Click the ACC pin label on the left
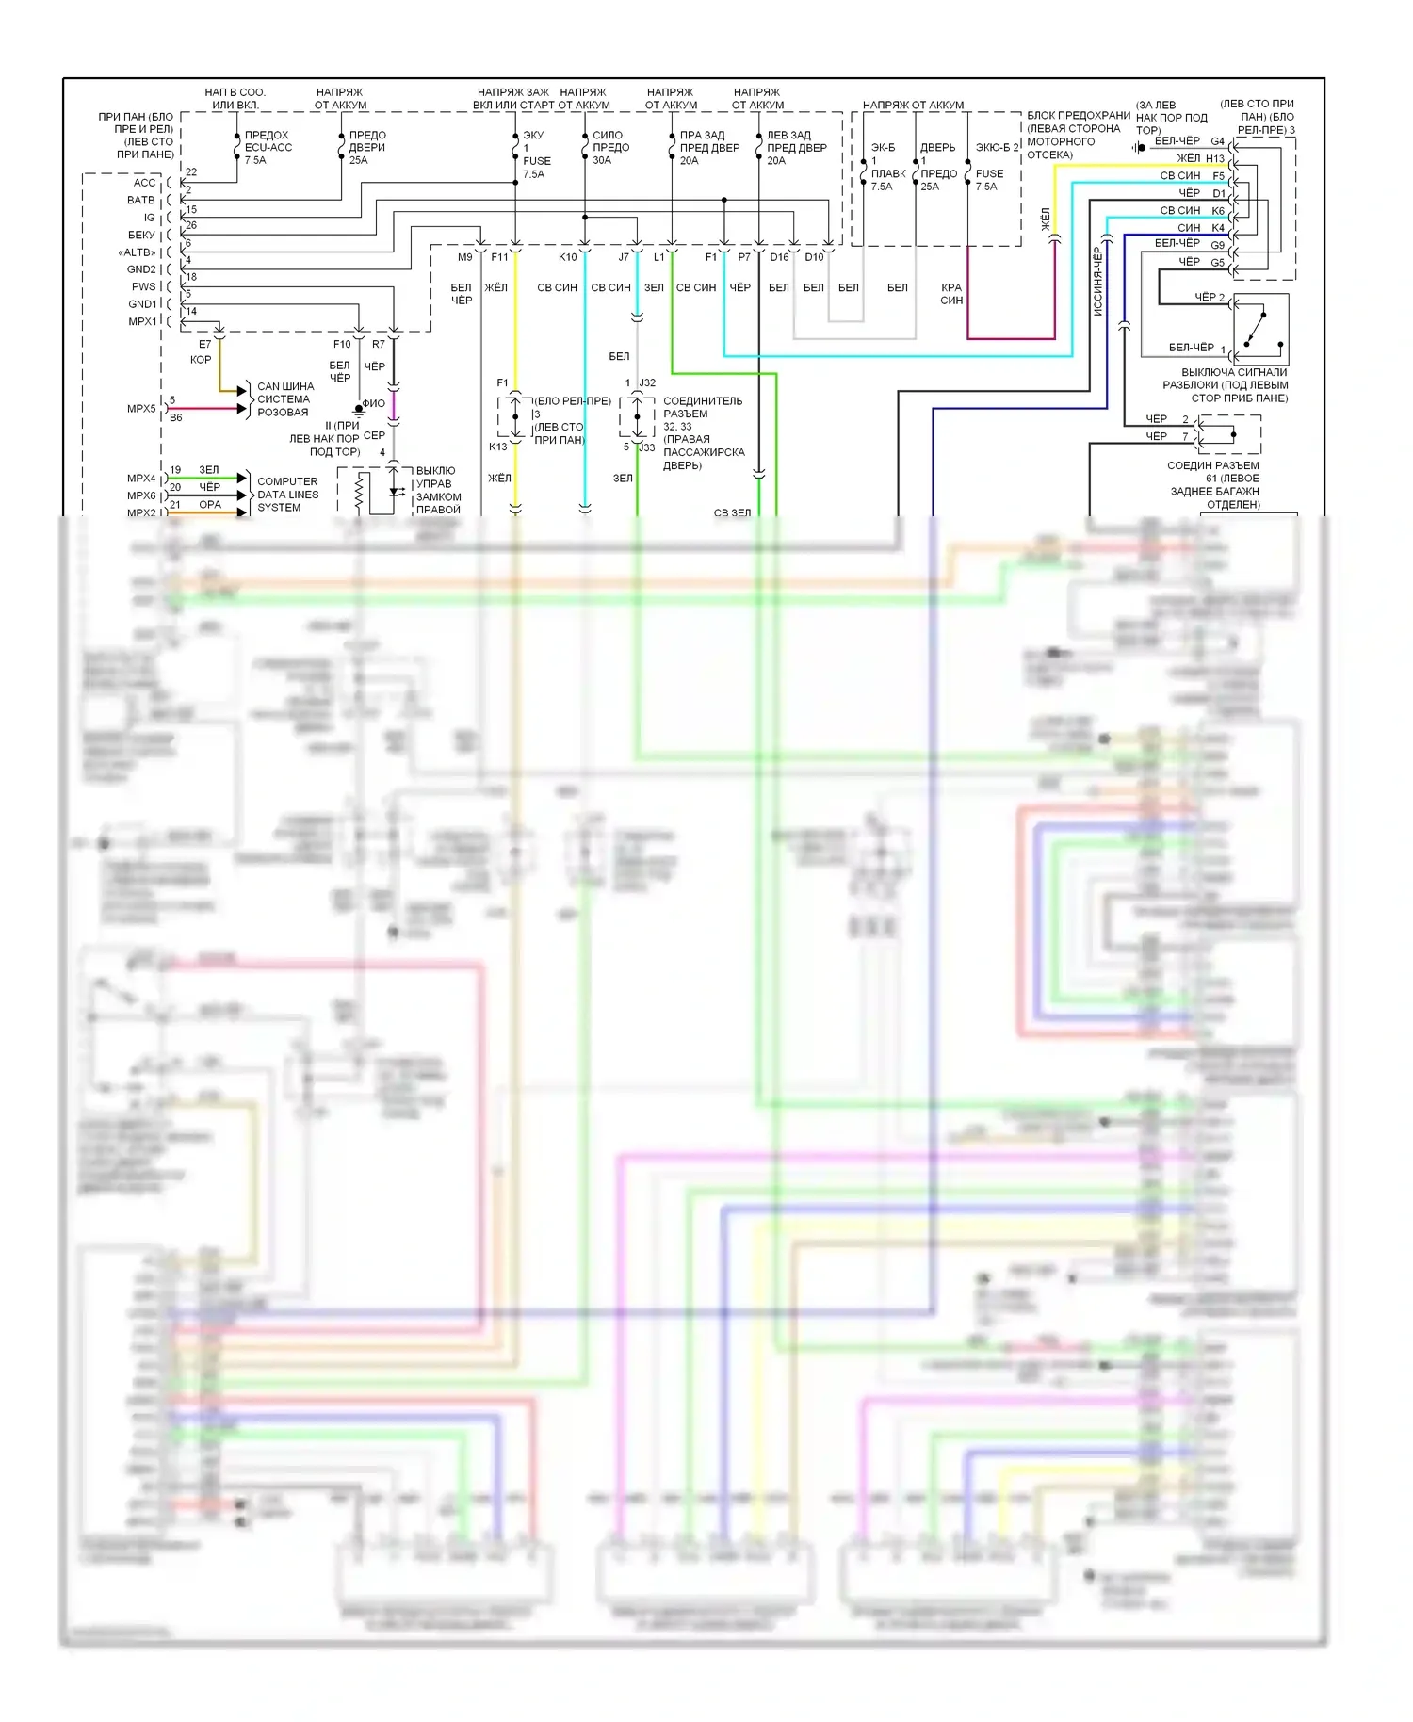pyautogui.click(x=144, y=183)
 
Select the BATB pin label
pyautogui.click(x=140, y=201)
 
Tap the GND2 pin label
pyautogui.click(x=141, y=269)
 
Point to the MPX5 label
pyautogui.click(x=141, y=409)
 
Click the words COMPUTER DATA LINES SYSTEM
pyautogui.click(x=287, y=495)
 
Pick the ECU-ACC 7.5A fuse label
pyautogui.click(x=268, y=148)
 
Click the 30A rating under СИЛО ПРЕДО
pyautogui.click(x=602, y=161)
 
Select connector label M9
pyautogui.click(x=465, y=257)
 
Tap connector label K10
pyautogui.click(x=567, y=257)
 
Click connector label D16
pyautogui.click(x=779, y=257)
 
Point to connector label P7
pyautogui.click(x=744, y=257)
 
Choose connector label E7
pyautogui.click(x=204, y=345)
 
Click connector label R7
pyautogui.click(x=378, y=345)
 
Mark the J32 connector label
pyautogui.click(x=647, y=383)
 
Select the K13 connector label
pyautogui.click(x=497, y=447)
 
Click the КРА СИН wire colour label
pyautogui.click(x=951, y=294)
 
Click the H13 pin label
pyautogui.click(x=1215, y=158)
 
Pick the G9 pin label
pyautogui.click(x=1218, y=245)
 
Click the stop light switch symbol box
pyautogui.click(x=1260, y=330)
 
